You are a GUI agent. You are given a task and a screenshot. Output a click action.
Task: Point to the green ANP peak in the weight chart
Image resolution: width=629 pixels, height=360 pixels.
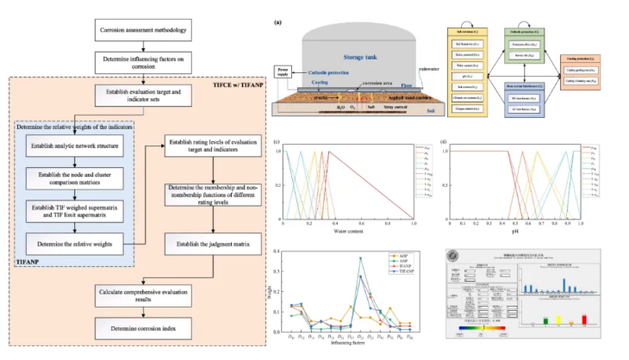pos(360,258)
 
